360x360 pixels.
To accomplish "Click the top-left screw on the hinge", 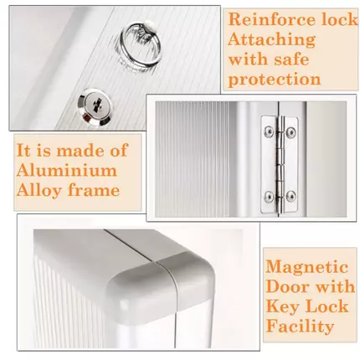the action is (269, 130).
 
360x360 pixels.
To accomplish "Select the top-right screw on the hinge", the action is (291, 131).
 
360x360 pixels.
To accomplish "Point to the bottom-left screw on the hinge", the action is (269, 196).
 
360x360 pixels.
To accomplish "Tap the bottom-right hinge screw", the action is (291, 197).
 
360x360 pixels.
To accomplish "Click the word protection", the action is (275, 80).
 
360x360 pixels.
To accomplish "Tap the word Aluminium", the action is (66, 171).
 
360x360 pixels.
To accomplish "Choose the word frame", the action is (94, 190).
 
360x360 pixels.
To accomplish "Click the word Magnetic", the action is (307, 267).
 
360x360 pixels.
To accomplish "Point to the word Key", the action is (282, 307).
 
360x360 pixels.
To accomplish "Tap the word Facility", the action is (300, 327).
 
